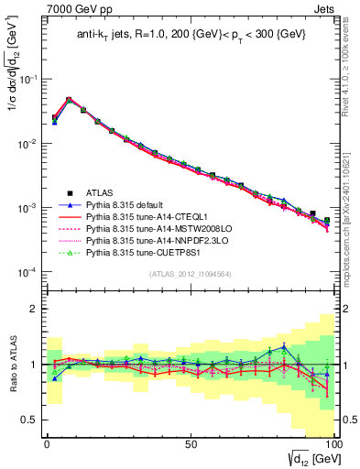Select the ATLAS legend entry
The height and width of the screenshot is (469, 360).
tap(101, 192)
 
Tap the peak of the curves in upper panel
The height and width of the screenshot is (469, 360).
tap(69, 99)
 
